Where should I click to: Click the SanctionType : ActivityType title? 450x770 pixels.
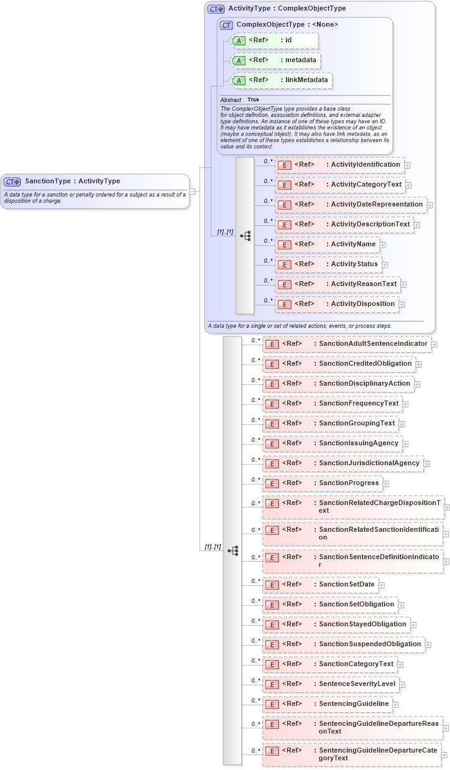(72, 181)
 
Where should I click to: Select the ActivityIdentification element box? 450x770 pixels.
(339, 165)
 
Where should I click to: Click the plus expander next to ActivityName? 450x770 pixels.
(383, 245)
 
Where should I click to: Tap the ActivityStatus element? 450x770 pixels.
(328, 264)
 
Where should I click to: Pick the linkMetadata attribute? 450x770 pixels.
(281, 81)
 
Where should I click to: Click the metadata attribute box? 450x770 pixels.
(275, 61)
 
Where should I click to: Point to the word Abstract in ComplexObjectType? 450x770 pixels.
(231, 100)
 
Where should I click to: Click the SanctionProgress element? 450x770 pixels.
(323, 483)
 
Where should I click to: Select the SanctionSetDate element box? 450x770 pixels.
(321, 585)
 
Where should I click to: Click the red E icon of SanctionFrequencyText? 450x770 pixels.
(271, 404)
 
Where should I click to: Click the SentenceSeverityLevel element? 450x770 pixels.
(331, 684)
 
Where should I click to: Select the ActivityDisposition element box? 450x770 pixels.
(337, 304)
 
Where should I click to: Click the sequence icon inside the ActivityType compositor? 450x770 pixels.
(245, 236)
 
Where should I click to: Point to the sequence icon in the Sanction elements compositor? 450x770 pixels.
(233, 550)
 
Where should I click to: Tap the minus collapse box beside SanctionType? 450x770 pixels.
(193, 192)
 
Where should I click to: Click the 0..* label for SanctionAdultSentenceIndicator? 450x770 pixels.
(255, 340)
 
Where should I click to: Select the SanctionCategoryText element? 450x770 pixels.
(330, 664)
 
